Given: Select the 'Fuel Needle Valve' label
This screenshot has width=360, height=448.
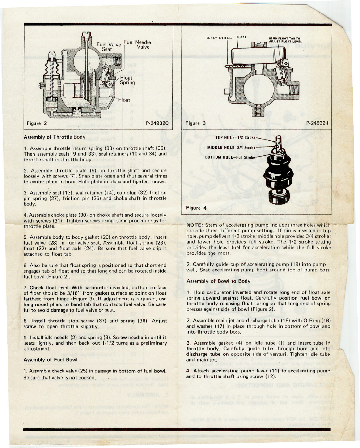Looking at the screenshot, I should click(x=137, y=44).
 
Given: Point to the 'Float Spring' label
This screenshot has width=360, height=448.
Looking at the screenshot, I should click(x=127, y=80).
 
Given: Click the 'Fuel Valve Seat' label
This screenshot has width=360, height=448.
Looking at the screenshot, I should click(x=109, y=47).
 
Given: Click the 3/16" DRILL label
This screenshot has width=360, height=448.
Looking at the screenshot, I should click(x=219, y=38).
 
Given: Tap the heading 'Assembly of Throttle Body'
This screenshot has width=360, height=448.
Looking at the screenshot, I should click(x=54, y=137).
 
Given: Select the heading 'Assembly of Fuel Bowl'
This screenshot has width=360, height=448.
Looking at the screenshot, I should click(x=50, y=360).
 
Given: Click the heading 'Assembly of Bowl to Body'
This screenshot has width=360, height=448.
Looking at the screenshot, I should click(x=218, y=281).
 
